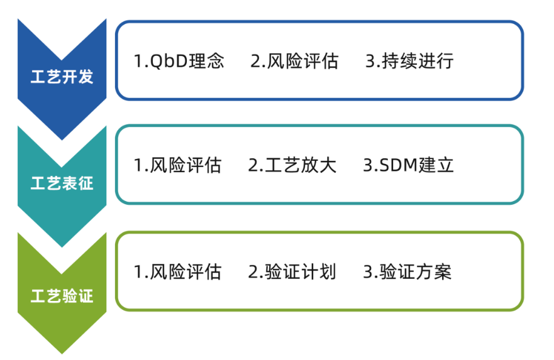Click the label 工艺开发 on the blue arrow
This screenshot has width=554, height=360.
62,77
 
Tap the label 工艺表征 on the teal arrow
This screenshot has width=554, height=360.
62,183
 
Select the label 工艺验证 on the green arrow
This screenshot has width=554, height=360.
62,296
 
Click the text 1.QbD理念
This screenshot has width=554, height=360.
179,61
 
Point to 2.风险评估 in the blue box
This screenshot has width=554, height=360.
294,61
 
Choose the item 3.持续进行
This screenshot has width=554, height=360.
409,61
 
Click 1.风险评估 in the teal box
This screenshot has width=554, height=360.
178,165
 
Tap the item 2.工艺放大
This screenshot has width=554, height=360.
292,165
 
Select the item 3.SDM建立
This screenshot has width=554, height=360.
409,165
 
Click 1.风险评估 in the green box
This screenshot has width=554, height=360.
178,272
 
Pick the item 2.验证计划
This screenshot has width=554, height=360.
292,272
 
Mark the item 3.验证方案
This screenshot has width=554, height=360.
407,272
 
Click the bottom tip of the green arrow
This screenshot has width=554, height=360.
62,354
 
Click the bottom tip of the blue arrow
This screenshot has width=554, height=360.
62,139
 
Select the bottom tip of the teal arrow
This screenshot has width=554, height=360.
62,247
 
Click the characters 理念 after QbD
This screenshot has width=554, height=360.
206,61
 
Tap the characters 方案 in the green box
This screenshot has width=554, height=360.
434,272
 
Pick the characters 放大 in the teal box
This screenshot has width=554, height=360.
319,165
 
